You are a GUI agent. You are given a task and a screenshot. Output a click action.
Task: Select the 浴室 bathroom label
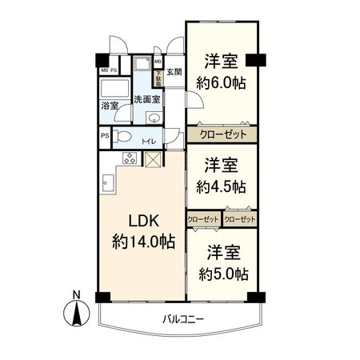110,105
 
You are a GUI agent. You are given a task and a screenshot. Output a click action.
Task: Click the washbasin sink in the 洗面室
154,118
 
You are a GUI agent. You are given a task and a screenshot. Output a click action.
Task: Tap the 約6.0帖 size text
222,82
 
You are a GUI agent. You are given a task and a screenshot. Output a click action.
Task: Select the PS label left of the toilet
105,136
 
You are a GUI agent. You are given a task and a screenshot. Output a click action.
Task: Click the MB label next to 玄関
158,61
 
